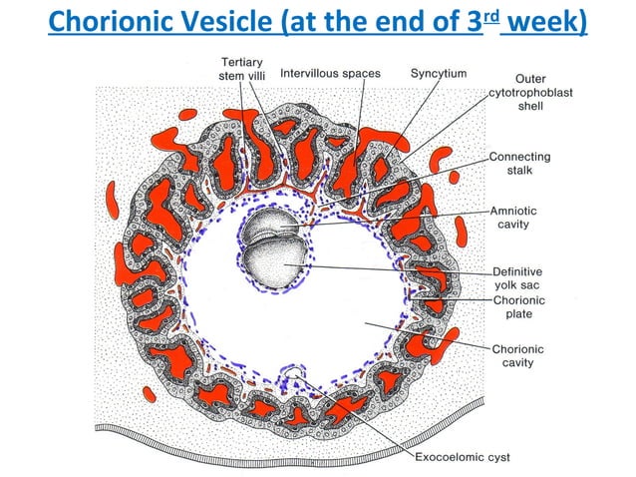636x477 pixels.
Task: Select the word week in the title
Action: pyautogui.click(x=543, y=21)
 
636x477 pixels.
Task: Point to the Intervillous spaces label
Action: pyautogui.click(x=330, y=74)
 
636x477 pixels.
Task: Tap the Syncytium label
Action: pyautogui.click(x=439, y=74)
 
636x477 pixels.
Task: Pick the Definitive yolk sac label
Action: pyautogui.click(x=519, y=277)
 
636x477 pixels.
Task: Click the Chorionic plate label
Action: pyautogui.click(x=519, y=306)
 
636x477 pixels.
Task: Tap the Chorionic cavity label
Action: pyautogui.click(x=519, y=355)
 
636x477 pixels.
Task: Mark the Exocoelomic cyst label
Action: pyautogui.click(x=462, y=458)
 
